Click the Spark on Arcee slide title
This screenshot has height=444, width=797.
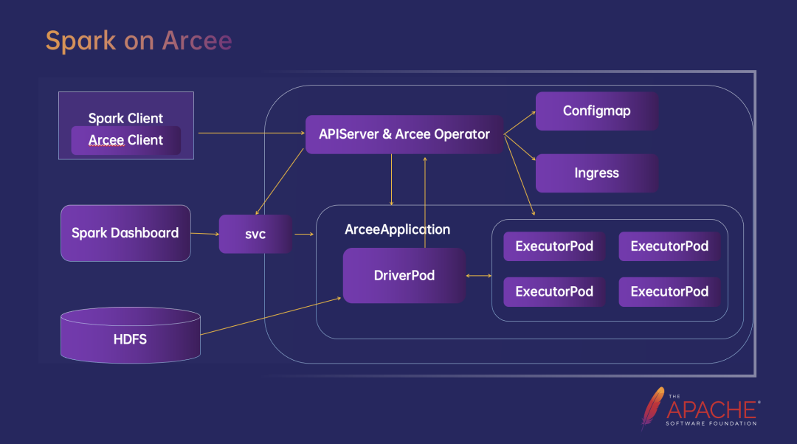(x=139, y=41)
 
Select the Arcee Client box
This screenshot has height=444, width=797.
(x=125, y=140)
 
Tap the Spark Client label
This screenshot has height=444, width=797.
(x=125, y=118)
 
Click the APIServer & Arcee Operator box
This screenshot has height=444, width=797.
(x=404, y=134)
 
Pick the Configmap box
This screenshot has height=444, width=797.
(x=597, y=111)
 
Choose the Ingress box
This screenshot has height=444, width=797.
(x=597, y=173)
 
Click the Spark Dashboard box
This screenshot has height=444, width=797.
(x=125, y=233)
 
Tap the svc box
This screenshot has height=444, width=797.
(x=255, y=234)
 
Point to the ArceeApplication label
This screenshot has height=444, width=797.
(x=397, y=229)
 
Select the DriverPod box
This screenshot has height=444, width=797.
(x=404, y=275)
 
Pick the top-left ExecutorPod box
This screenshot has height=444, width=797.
(x=554, y=246)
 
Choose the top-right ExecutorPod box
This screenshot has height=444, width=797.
(x=669, y=246)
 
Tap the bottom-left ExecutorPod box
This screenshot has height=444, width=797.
(x=554, y=291)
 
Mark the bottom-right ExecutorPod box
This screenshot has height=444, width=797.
(x=669, y=291)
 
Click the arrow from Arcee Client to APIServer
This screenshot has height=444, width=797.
(x=251, y=133)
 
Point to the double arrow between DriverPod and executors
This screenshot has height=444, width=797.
(x=479, y=276)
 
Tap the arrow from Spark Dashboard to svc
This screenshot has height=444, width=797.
(x=204, y=234)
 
